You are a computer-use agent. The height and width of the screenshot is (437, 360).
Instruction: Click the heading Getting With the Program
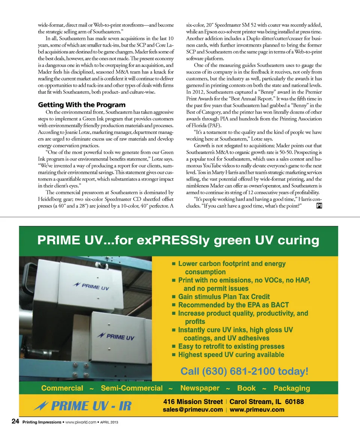point(82,105)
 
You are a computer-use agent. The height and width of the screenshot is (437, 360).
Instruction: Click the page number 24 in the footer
point(15,422)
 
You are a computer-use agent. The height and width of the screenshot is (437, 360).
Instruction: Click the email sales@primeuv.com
point(193,410)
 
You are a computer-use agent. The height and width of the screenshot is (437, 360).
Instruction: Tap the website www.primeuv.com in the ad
point(257,410)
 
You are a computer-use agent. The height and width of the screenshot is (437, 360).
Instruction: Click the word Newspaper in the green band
point(200,388)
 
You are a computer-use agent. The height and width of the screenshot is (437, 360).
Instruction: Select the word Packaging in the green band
point(292,388)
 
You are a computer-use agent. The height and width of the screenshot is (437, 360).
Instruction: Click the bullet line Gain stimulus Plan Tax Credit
point(223,296)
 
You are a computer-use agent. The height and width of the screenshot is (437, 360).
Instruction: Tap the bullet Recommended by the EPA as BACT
point(233,305)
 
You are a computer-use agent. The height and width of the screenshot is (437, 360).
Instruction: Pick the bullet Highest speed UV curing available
point(231,354)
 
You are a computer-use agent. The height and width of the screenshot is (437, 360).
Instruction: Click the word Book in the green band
point(246,388)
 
